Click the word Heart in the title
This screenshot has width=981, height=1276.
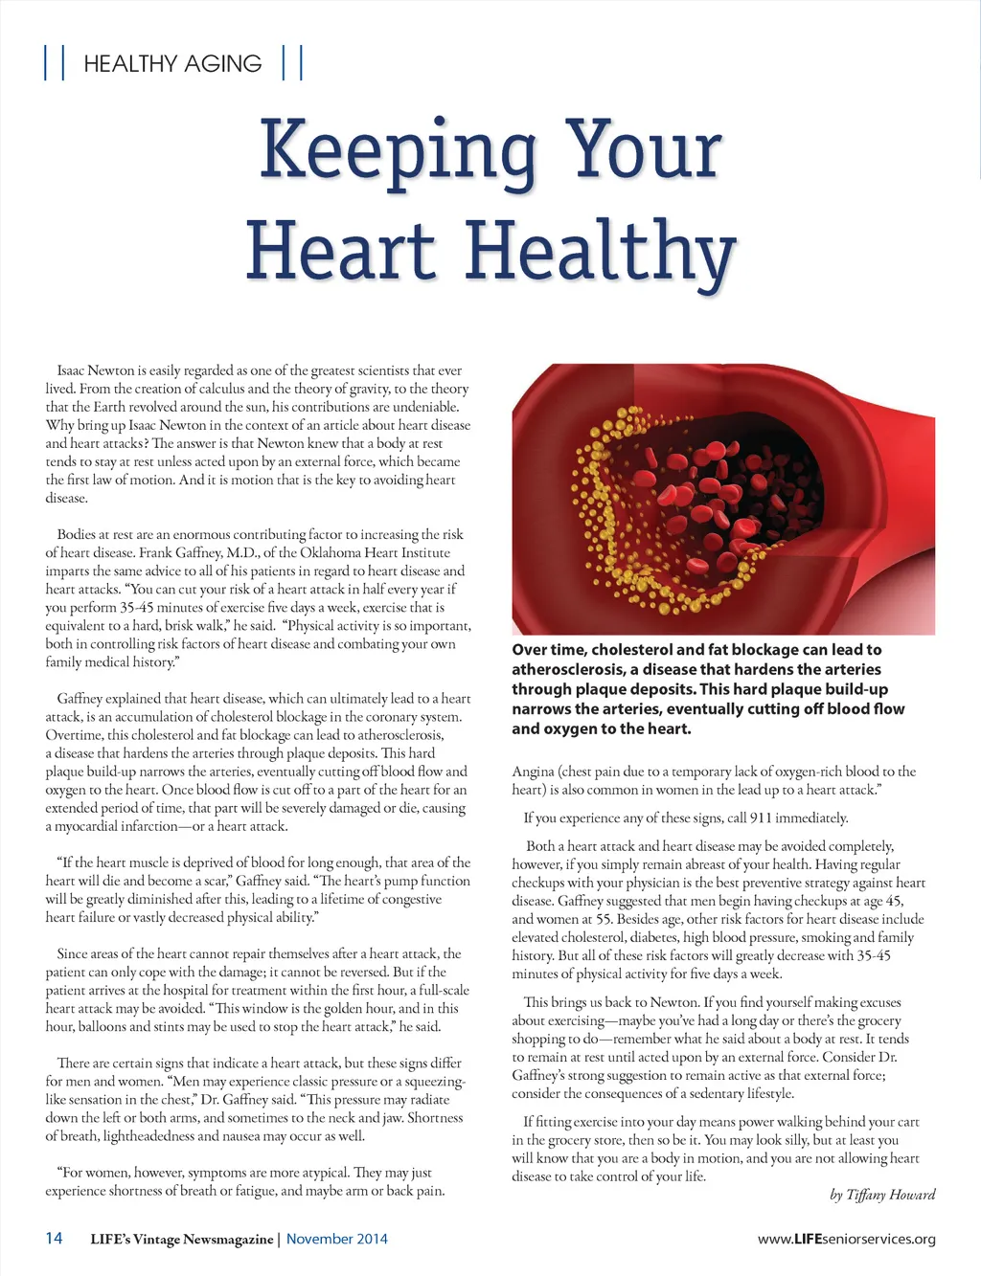(340, 252)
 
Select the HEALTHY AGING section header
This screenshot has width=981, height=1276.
(172, 64)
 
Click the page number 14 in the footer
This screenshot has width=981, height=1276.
(55, 1238)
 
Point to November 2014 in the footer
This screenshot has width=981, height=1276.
(337, 1239)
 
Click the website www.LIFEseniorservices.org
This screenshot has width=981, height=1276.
(846, 1239)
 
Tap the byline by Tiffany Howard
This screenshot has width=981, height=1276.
(882, 1195)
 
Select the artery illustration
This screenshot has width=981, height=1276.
(723, 499)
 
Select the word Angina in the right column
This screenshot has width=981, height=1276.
(533, 772)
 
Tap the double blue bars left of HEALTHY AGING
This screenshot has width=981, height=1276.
(55, 63)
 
